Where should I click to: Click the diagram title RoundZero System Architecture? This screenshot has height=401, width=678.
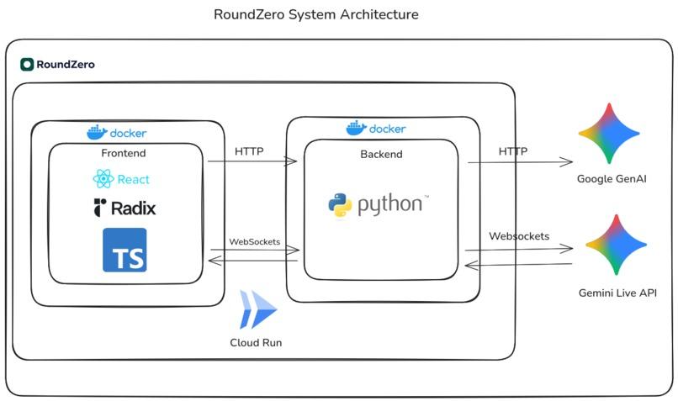316,14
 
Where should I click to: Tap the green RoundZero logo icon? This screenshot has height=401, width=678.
27,65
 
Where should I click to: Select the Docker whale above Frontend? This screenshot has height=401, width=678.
97,132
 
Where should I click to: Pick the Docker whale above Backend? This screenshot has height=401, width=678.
357,128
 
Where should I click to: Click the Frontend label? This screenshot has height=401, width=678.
123,153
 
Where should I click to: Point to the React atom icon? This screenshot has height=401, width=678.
103,178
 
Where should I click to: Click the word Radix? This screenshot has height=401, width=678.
133,208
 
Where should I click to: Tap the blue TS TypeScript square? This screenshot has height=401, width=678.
124,251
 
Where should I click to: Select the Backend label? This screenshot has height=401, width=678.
381,155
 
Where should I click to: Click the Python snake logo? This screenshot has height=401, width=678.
340,206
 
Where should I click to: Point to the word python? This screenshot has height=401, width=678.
390,205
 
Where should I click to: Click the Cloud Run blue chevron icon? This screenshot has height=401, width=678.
258,309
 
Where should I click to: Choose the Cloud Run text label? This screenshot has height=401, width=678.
256,343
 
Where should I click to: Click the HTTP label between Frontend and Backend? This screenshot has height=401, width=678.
249,151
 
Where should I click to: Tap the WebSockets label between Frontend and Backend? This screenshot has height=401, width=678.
255,242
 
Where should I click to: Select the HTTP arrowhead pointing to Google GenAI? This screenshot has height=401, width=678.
567,162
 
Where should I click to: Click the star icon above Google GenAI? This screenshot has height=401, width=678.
609,133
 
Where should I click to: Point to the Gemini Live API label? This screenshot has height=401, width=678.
617,293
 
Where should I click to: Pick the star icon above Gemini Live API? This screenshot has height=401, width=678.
616,245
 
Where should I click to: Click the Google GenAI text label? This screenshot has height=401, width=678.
612,179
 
